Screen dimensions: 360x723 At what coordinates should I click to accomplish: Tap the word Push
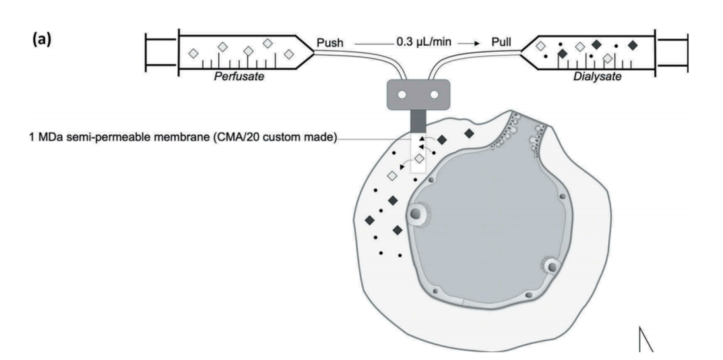point(330,43)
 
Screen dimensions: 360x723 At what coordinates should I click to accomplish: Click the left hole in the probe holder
point(402,95)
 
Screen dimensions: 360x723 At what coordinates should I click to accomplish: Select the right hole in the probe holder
point(434,95)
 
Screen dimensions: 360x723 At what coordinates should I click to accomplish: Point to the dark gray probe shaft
point(418,121)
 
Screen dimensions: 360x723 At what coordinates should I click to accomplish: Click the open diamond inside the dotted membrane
point(418,158)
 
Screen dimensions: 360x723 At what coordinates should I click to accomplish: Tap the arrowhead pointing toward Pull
point(476,44)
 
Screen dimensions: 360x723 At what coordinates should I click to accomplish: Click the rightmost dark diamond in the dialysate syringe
point(632,45)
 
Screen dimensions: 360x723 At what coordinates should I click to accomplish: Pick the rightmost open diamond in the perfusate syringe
point(289,54)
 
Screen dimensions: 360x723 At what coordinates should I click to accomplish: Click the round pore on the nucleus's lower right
point(551,267)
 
